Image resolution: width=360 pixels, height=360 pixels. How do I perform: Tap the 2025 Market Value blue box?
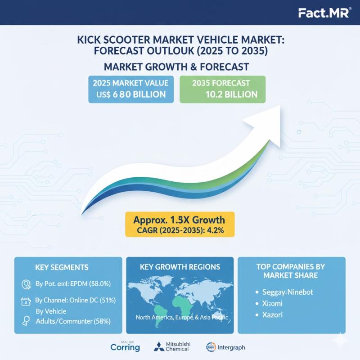(130, 89)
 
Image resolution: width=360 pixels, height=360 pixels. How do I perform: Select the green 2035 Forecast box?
(223, 89)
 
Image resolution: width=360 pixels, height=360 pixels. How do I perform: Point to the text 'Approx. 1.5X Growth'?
(179, 220)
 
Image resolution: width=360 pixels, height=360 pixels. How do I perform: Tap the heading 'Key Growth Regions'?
(180, 267)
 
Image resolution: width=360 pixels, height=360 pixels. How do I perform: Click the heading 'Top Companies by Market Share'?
(291, 270)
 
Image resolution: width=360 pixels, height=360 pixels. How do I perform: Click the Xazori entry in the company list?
(272, 315)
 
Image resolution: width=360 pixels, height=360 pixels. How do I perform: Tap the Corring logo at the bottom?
(125, 347)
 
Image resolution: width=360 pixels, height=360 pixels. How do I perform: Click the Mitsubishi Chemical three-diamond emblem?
(159, 347)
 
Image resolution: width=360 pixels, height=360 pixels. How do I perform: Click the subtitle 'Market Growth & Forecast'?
(176, 67)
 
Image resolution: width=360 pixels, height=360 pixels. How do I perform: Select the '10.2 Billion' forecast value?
(230, 94)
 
